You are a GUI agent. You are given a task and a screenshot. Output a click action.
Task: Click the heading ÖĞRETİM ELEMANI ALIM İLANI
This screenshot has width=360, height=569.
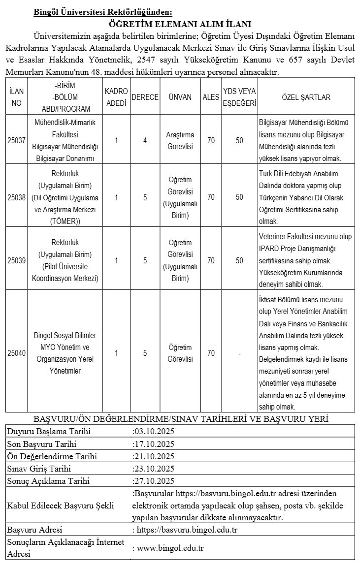(180, 24)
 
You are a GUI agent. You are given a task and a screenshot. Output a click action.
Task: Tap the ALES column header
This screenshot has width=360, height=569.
(211, 97)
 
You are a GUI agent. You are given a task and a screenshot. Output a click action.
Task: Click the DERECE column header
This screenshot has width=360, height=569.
(145, 97)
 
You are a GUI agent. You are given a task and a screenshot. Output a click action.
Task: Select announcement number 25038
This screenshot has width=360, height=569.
(17, 197)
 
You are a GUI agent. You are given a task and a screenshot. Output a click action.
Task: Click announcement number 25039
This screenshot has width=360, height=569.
(17, 260)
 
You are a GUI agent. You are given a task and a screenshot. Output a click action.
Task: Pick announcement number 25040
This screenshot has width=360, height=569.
(17, 352)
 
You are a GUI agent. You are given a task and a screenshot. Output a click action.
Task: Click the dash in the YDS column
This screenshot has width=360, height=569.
(239, 352)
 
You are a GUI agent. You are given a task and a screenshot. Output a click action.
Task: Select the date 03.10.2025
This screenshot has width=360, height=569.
(155, 432)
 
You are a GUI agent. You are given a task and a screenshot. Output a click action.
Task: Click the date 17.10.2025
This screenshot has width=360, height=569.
(155, 444)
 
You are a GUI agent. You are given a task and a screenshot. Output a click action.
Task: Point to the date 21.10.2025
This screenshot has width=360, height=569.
(155, 456)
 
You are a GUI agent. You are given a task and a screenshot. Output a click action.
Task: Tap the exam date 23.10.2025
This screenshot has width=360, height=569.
(155, 468)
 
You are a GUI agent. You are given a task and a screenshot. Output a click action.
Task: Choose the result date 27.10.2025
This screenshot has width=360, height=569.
(155, 480)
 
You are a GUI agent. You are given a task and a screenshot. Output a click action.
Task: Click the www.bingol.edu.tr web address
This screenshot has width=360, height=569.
(170, 548)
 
